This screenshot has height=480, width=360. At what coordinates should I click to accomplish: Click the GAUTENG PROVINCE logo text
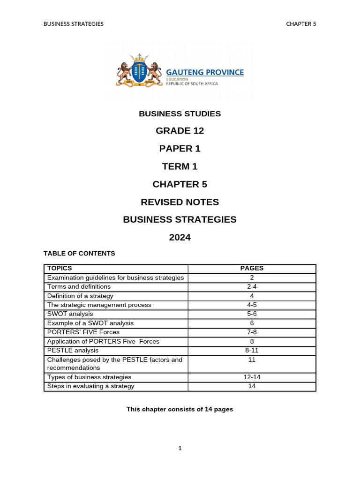coord(205,72)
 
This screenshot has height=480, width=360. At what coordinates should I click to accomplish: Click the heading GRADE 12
coord(180,131)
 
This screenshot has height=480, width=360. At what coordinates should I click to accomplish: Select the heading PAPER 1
coord(180,149)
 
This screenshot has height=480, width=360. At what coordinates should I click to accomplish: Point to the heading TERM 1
coord(180,166)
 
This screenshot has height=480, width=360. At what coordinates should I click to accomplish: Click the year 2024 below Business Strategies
coord(180,238)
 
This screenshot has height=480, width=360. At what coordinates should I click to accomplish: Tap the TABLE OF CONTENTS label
coord(79,254)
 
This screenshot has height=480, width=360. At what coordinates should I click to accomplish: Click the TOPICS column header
coord(60,269)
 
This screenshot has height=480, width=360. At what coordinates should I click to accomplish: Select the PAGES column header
coord(252,269)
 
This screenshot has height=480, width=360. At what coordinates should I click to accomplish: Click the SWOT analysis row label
coord(70,314)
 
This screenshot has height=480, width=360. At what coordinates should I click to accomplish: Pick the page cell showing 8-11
coord(252,351)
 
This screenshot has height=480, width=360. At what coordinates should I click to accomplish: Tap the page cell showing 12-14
coord(252,377)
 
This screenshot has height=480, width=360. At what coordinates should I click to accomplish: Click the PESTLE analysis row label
coord(73,351)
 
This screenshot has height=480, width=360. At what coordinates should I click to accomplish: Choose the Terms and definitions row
coord(79,287)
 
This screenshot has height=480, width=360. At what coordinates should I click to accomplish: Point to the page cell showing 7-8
coord(252,332)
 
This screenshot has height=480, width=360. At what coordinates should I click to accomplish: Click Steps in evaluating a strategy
coord(90,387)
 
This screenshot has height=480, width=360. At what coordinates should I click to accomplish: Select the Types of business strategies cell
coord(89,377)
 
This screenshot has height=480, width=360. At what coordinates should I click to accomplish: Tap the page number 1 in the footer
coord(180,449)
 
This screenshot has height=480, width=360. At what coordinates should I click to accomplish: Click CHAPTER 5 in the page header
coord(301,24)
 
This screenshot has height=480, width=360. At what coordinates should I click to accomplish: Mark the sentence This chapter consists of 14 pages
coord(180,409)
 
